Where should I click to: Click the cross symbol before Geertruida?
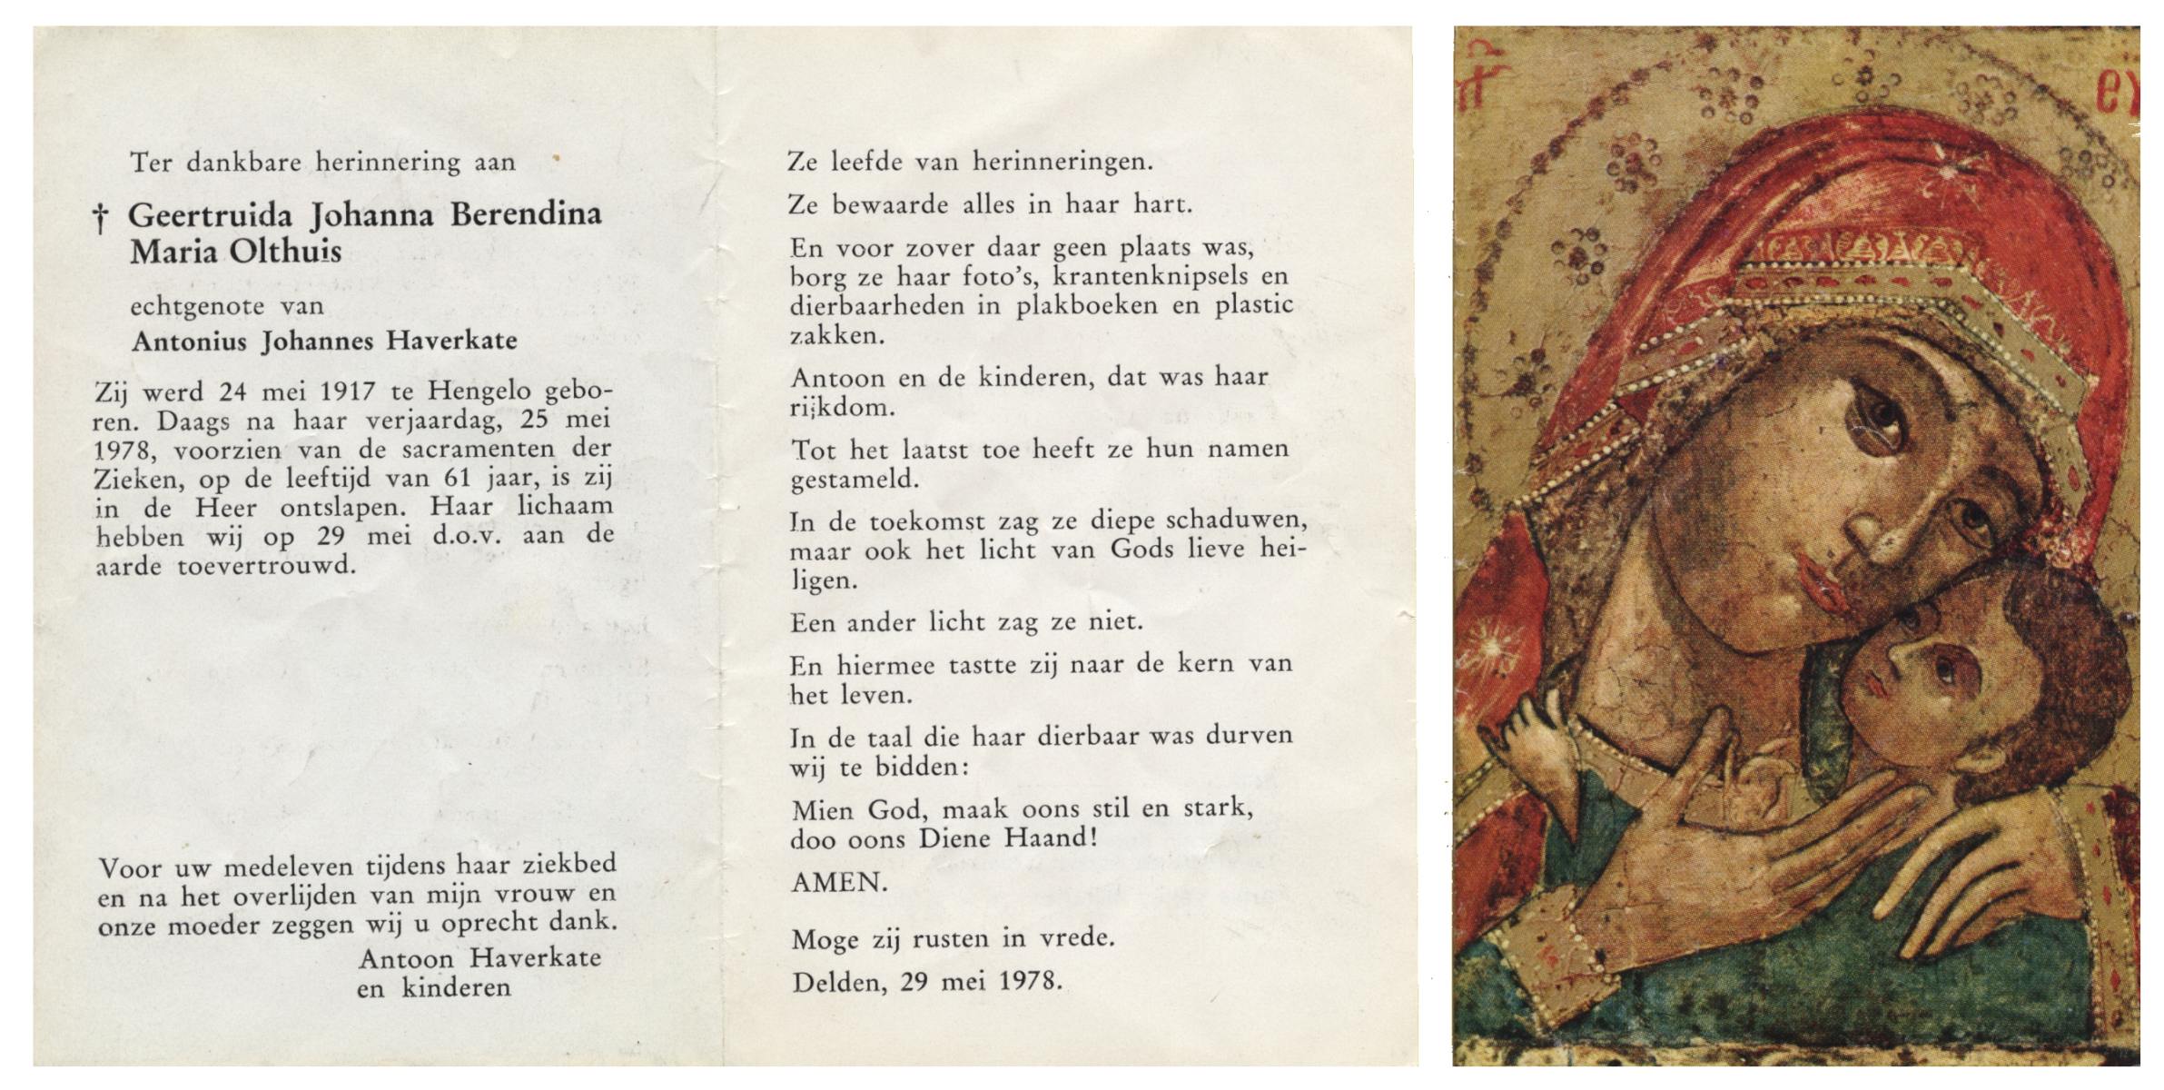(x=101, y=218)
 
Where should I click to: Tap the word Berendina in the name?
(x=526, y=214)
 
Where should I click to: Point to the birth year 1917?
(x=348, y=392)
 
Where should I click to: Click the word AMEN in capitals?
(x=838, y=882)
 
